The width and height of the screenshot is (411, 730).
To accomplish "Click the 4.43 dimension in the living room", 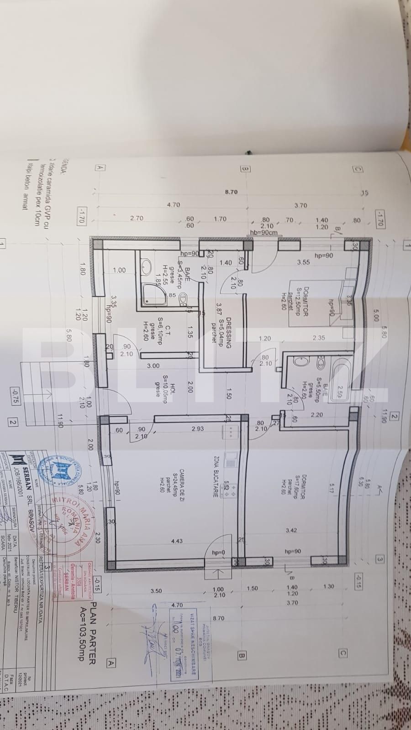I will coord(176,541).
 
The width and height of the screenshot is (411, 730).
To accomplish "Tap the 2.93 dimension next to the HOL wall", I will coord(197,429).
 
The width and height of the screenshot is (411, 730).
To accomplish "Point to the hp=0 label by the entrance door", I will coord(218,553).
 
